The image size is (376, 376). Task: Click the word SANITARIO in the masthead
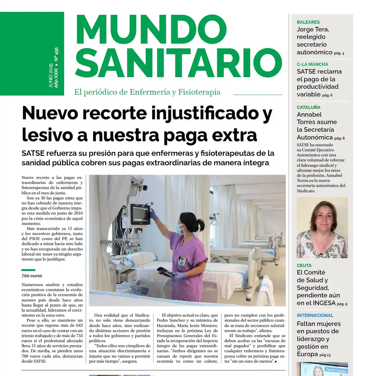pos(178,63)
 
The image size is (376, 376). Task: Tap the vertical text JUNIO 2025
pos(51,75)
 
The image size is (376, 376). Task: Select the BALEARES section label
pos(308,22)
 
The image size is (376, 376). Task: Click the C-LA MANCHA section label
pos(312,64)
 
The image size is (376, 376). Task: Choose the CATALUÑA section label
pos(308,107)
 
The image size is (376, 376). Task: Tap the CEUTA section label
pos(304,266)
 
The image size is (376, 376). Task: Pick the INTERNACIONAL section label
pos(315,315)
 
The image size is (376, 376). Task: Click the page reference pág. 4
pos(339,53)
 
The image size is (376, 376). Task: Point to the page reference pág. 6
pos(327,95)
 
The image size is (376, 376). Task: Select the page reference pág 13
pos(325,355)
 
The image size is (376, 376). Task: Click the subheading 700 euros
pos(32,276)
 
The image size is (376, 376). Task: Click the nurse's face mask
pos(178,228)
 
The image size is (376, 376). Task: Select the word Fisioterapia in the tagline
pos(199,92)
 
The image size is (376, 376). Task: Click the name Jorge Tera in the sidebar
pos(312,29)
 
